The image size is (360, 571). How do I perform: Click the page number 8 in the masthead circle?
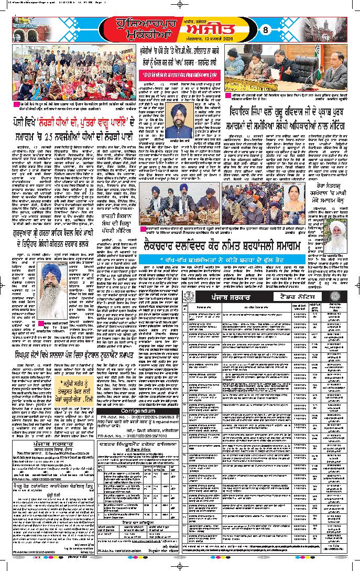265,29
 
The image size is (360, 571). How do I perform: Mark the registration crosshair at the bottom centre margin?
180,566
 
